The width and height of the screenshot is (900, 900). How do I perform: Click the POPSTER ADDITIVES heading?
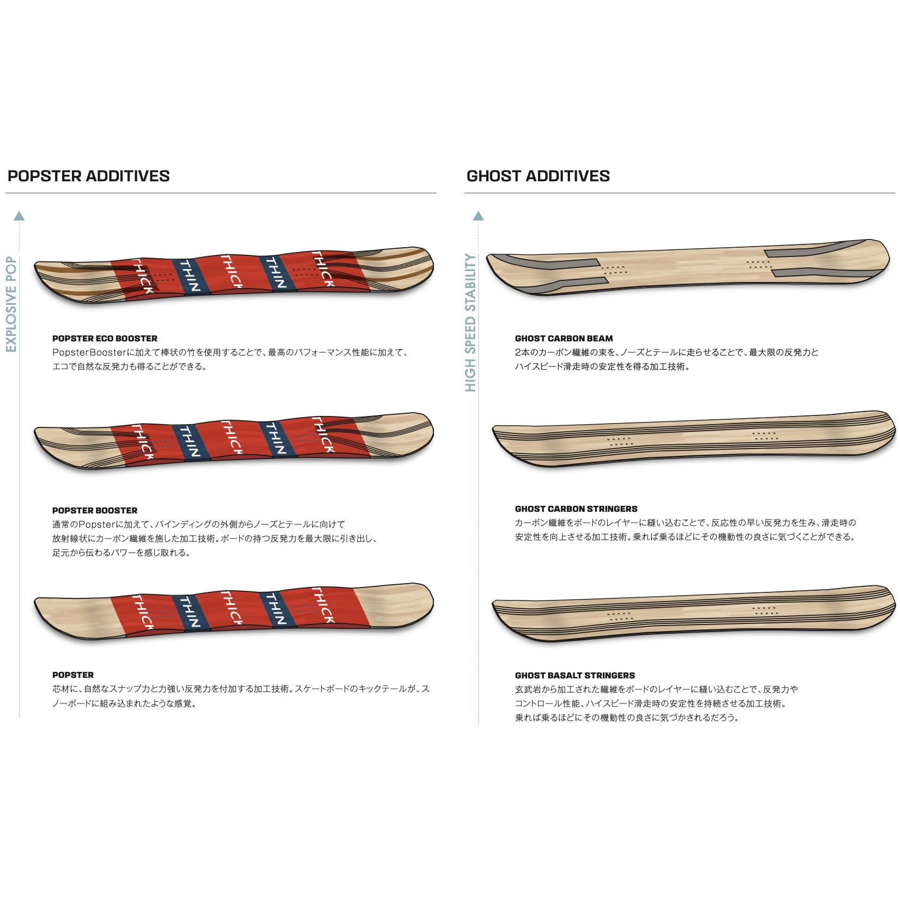[x=89, y=176]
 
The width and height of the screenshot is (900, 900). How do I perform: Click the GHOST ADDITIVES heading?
[x=538, y=176]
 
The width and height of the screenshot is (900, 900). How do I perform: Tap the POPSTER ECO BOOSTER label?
[x=105, y=338]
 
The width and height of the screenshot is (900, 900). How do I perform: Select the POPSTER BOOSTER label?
[x=95, y=510]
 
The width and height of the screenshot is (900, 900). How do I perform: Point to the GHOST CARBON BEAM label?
[x=564, y=338]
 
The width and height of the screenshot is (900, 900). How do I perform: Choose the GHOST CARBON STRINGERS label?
[x=576, y=509]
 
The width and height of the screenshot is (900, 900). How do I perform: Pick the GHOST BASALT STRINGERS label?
[x=574, y=675]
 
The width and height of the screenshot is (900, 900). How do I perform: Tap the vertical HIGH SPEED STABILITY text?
[x=470, y=322]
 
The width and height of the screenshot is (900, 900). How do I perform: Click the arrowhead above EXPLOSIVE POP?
[x=19, y=216]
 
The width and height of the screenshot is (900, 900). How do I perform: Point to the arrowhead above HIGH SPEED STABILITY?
[x=479, y=216]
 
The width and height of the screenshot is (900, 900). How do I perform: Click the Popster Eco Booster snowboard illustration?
[x=234, y=275]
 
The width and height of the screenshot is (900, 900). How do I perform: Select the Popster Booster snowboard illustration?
[x=234, y=441]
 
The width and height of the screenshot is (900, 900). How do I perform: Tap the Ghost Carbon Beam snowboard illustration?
[x=687, y=267]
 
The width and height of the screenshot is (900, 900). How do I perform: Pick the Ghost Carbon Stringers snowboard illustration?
[x=693, y=438]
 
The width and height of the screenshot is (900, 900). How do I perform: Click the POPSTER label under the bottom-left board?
[x=73, y=675]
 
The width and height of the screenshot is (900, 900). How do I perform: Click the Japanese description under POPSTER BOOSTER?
[x=215, y=538]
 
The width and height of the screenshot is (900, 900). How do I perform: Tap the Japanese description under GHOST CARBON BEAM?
[x=666, y=359]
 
